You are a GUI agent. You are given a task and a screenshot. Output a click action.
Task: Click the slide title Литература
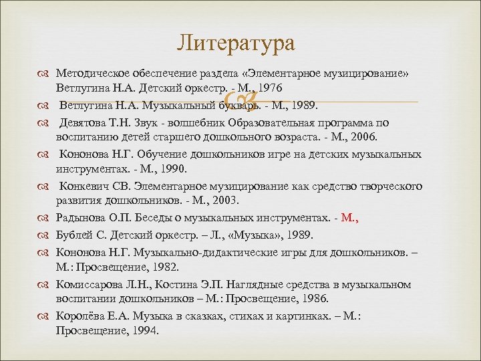236,44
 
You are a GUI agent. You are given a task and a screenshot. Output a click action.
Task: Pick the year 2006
362,138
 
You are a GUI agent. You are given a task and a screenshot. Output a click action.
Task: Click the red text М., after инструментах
350,217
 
